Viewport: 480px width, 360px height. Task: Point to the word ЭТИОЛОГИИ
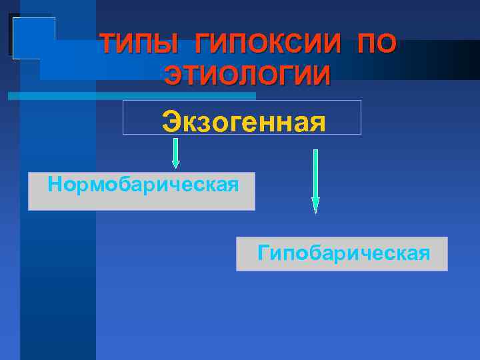pyautogui.click(x=247, y=75)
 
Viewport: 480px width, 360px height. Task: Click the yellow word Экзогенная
pyautogui.click(x=243, y=122)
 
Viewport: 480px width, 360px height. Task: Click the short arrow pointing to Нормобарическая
pyautogui.click(x=176, y=152)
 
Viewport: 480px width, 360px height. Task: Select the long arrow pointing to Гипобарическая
pyautogui.click(x=315, y=180)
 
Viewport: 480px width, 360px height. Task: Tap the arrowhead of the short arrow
pyautogui.click(x=176, y=163)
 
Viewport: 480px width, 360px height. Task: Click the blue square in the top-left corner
pyautogui.click(x=33, y=37)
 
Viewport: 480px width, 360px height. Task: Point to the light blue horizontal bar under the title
pyautogui.click(x=100, y=96)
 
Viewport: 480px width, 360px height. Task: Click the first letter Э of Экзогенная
pyautogui.click(x=171, y=122)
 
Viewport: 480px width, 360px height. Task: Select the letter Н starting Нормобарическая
pyautogui.click(x=55, y=183)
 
